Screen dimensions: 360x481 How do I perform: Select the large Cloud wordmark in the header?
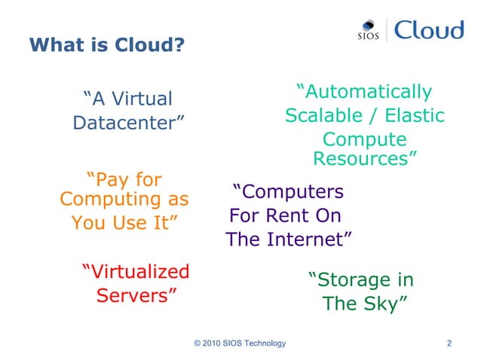427,30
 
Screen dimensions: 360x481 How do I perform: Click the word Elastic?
415,116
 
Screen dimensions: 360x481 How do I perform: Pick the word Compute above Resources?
364,140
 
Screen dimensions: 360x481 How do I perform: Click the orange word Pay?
106,180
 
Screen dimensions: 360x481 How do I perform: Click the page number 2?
449,344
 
